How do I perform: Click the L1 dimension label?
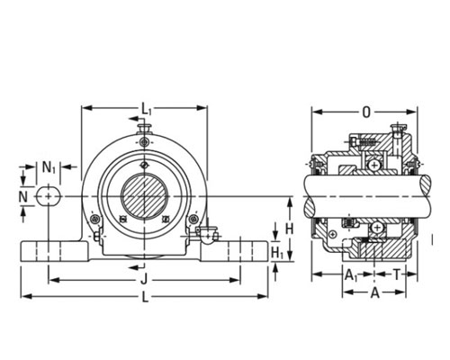147,108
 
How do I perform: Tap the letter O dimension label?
366,112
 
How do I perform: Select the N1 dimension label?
49,167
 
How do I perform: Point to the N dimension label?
23,197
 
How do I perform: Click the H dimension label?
289,229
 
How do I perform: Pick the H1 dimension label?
277,253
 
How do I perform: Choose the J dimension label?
144,280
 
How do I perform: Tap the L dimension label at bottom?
145,297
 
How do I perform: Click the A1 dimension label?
351,274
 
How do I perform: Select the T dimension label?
397,274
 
